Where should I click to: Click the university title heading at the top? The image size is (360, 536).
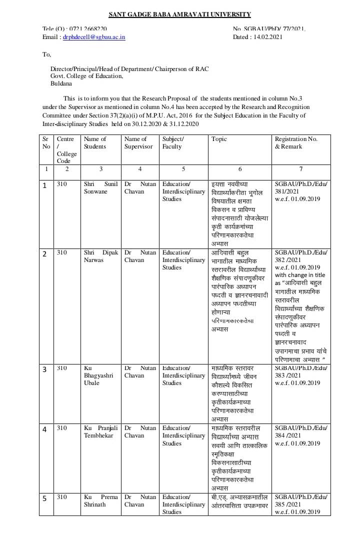click(x=180, y=14)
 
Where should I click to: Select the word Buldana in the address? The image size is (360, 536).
click(x=61, y=83)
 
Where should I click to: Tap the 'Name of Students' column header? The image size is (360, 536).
click(x=95, y=142)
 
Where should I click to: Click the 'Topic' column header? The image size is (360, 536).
click(x=219, y=139)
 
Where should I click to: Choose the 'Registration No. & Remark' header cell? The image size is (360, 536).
click(x=296, y=142)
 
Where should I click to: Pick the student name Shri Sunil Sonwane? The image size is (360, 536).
click(x=100, y=187)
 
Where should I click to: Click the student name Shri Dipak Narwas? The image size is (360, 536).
click(x=100, y=256)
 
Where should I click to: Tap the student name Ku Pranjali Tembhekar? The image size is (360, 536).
click(x=100, y=431)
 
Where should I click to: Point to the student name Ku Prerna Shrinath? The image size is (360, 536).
click(x=100, y=500)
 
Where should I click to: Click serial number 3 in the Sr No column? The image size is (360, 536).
click(x=44, y=369)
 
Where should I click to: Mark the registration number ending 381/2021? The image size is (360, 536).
click(x=300, y=187)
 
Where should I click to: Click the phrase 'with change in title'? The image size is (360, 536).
click(x=299, y=275)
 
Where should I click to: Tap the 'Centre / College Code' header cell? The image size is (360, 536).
click(x=66, y=149)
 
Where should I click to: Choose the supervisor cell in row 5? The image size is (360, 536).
click(x=140, y=500)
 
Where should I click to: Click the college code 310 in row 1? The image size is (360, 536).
click(x=61, y=184)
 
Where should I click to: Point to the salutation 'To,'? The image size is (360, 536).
click(x=46, y=54)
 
